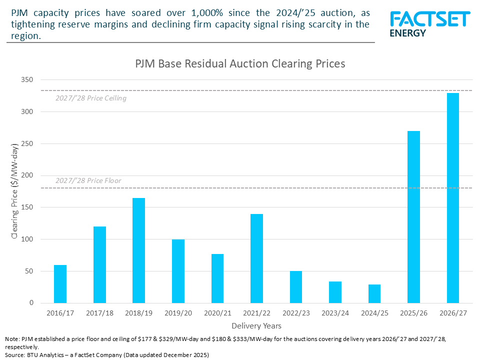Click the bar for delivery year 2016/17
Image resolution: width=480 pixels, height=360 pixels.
[x=60, y=284]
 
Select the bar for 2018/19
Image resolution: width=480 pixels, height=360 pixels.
[x=138, y=250]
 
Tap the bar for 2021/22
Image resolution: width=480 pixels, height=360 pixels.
[x=256, y=258]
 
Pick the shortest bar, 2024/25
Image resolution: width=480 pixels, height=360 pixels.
[x=374, y=294]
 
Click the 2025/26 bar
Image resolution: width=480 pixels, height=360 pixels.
[x=413, y=217]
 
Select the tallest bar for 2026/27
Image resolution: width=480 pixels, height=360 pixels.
[x=453, y=198]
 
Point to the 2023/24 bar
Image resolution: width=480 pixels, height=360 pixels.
[x=335, y=292]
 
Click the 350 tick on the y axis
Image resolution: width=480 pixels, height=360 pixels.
[x=26, y=80]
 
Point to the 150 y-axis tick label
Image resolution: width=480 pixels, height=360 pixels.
[x=26, y=207]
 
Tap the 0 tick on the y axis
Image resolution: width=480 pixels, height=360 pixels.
[x=31, y=303]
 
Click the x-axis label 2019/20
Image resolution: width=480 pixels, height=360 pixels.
[x=178, y=313]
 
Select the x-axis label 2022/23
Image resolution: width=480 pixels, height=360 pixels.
[x=296, y=313]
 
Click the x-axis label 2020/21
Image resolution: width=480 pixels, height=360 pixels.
[x=217, y=313]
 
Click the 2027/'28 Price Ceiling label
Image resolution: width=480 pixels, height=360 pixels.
[x=90, y=98]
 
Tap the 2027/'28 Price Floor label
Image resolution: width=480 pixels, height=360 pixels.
[x=88, y=180]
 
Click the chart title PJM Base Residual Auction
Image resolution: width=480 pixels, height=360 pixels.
[x=240, y=64]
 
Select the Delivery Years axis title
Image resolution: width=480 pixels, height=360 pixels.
[x=256, y=326]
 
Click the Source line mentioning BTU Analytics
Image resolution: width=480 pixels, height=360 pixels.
[x=107, y=354]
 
